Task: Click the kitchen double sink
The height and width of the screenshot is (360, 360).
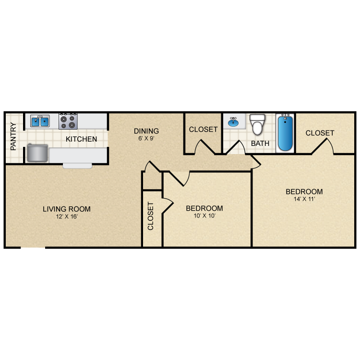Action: point(40,121)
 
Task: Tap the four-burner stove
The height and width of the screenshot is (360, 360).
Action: point(68,121)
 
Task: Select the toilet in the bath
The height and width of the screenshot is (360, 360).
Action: point(257,124)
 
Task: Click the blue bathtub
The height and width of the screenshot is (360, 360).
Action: point(285,132)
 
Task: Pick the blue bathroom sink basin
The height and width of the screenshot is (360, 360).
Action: point(233,122)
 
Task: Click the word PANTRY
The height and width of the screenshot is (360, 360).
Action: point(13,136)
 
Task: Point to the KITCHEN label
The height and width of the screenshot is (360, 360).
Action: point(81,139)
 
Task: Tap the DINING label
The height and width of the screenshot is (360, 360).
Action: point(146,131)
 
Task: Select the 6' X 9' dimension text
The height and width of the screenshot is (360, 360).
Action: point(146,138)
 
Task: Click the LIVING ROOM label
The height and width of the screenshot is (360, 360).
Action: point(67,209)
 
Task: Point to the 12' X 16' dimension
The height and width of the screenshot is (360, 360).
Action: point(67,216)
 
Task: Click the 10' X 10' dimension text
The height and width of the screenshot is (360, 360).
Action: point(204,216)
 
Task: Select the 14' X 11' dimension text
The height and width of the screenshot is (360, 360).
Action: point(304,199)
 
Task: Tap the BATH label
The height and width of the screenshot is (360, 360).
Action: point(260,143)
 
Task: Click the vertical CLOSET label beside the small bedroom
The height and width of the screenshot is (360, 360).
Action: point(150,216)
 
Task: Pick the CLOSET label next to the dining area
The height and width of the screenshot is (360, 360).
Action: point(203,130)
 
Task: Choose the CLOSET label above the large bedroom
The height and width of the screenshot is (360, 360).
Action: point(320,133)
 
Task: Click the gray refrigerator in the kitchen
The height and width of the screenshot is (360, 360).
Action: point(37,153)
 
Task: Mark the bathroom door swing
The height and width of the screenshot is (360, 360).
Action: point(236,147)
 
